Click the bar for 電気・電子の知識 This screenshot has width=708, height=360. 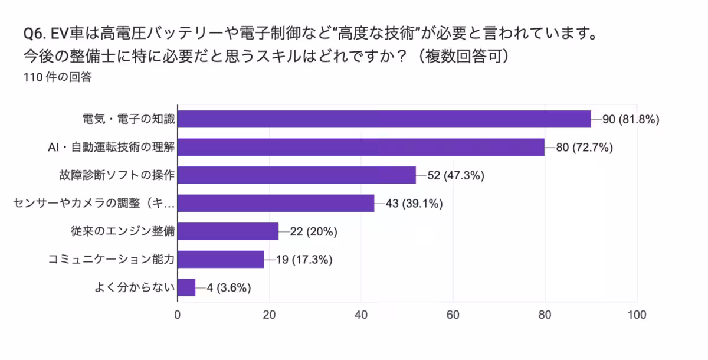coord(383,119)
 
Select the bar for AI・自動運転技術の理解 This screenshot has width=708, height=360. coord(360,147)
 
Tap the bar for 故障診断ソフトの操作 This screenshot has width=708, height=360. coord(296,175)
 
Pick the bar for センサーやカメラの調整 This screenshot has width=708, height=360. coord(276,203)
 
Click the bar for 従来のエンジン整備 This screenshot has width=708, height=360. coord(228,231)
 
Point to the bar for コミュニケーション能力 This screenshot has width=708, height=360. coord(221,259)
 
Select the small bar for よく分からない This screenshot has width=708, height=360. coord(186,287)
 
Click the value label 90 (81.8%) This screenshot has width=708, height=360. coord(630,119)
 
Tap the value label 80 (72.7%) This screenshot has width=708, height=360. coord(584,148)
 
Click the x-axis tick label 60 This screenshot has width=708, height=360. coord(453,315)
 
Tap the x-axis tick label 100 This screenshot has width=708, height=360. coord(637,315)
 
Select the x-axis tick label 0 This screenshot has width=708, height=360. coord(178,315)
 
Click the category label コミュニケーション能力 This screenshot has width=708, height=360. coord(112,260)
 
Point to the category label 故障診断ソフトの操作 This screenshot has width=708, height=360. coord(117,175)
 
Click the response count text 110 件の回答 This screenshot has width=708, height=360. coord(57,77)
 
